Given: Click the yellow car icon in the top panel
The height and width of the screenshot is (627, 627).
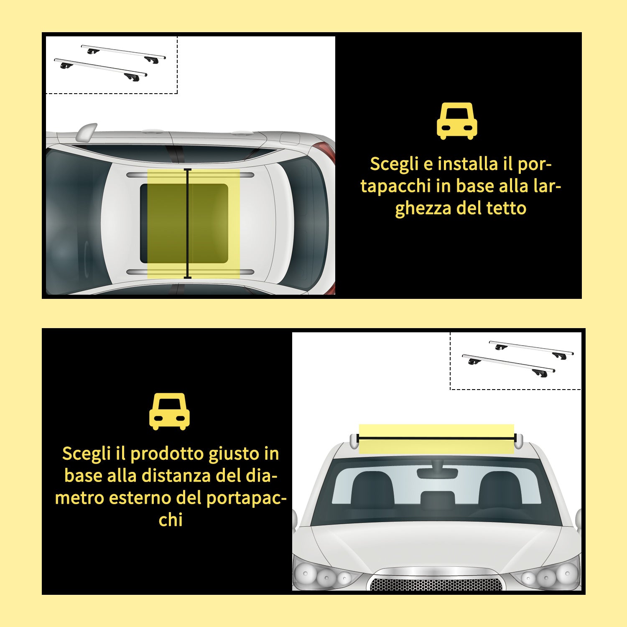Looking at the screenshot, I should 457,121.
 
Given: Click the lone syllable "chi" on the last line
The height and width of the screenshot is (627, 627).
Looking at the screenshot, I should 171,520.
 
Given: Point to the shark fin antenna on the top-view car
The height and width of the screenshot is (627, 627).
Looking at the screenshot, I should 86,131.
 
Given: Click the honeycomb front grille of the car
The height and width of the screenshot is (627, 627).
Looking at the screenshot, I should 436,584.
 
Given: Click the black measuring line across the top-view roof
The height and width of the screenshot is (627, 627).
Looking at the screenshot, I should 188,224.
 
